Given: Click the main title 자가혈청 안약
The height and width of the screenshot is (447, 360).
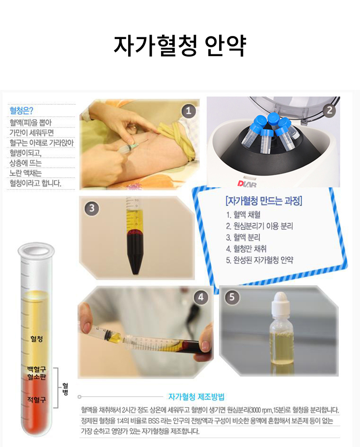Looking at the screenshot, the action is tap(180, 46).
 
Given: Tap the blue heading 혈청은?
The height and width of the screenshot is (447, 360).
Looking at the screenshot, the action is tap(21, 111).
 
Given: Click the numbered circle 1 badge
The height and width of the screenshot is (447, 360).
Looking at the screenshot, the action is tap(189, 111).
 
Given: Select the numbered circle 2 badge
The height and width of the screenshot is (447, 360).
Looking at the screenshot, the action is tap(329, 110).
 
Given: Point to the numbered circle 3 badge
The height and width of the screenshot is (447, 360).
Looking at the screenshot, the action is tap(91, 208).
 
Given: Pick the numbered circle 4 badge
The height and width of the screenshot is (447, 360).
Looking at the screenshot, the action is tap(201, 297).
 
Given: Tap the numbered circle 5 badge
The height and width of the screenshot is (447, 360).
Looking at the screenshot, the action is tap(232, 297).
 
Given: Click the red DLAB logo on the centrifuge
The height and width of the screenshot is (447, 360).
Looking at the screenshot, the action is tap(247, 183).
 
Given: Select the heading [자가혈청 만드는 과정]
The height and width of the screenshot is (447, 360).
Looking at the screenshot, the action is tap(264, 201).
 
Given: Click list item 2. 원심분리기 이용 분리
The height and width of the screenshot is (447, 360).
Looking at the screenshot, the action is tap(259, 226).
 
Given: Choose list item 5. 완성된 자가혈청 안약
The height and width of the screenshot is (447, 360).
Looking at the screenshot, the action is tap(259, 260).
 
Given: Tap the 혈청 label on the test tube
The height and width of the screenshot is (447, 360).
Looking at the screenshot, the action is tap(36, 339).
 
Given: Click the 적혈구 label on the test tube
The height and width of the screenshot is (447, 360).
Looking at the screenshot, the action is tap(36, 400).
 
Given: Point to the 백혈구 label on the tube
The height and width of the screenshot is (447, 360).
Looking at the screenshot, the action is tap(36, 369).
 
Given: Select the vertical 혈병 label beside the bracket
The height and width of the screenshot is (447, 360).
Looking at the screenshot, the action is tap(65, 389).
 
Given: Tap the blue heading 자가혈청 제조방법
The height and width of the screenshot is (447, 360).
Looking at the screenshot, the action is tap(196, 397).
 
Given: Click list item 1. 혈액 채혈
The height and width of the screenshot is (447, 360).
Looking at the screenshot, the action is tap(243, 215).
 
